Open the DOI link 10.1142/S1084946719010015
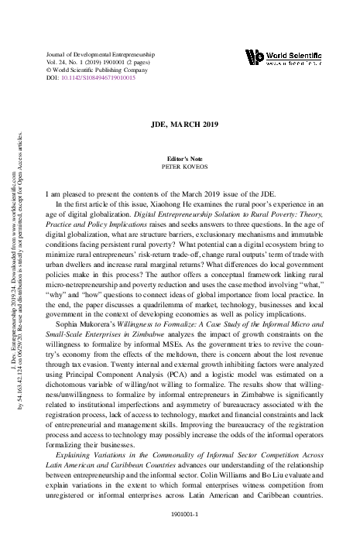coord(97,78)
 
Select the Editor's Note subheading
coord(180,158)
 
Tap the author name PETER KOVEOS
coord(180,166)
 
